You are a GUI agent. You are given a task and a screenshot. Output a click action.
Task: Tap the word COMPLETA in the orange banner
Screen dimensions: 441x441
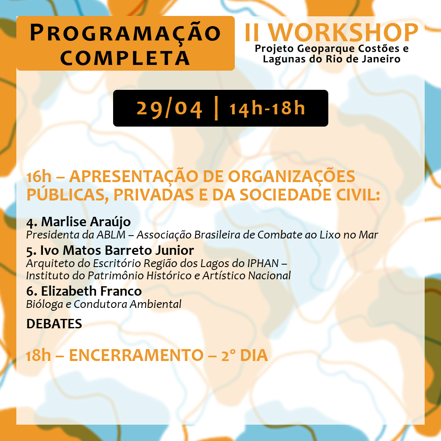pos(125,58)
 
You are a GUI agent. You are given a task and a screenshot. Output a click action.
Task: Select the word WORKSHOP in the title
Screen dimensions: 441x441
pos(343,33)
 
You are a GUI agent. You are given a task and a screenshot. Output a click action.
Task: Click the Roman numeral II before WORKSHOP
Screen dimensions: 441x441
pos(252,33)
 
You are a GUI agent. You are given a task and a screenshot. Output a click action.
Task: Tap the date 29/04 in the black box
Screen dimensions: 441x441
pos(169,109)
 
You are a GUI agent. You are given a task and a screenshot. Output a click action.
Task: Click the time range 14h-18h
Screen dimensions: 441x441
pos(267,109)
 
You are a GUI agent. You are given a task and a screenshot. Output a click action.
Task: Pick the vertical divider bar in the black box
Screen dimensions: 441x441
pos(216,108)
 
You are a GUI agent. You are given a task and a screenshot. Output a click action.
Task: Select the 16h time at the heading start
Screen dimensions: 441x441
pos(39,177)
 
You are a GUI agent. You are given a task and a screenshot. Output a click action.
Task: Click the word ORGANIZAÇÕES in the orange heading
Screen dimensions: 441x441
pos(292,177)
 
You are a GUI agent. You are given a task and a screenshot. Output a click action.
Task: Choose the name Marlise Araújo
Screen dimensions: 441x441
pos(86,222)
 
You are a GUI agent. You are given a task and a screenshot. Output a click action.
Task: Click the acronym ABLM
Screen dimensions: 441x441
pos(111,235)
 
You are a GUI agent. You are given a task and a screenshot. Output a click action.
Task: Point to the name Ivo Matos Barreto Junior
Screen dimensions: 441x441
pos(117,250)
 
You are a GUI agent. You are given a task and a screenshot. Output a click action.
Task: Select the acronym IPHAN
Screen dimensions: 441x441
pos(263,263)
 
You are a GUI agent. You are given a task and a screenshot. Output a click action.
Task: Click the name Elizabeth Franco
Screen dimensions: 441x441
pos(91,291)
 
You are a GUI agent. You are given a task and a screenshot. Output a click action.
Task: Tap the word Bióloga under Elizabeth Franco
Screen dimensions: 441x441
pos(45,305)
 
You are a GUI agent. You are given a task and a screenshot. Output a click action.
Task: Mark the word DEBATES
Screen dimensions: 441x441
pos(54,324)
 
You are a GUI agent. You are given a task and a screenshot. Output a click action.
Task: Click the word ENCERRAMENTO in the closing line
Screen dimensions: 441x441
pos(136,355)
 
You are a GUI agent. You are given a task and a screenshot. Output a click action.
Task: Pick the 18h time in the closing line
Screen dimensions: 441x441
pos(38,355)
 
